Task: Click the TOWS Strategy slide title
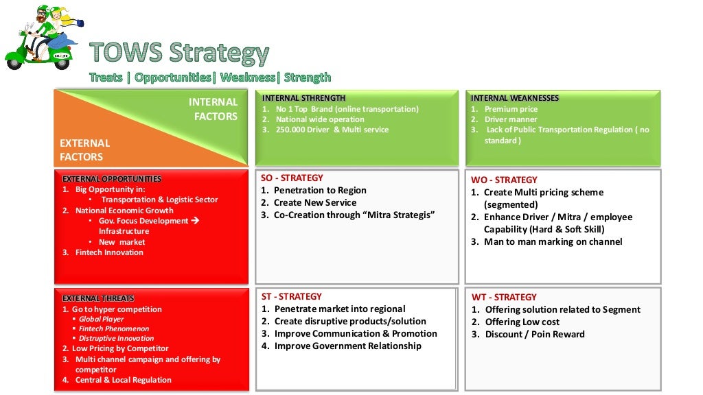click(x=180, y=53)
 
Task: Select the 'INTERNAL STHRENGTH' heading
click(x=303, y=98)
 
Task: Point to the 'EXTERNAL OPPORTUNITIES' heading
click(x=112, y=179)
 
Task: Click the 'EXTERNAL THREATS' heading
click(x=98, y=298)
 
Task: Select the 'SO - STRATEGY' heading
click(x=292, y=178)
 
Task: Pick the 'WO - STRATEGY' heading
click(x=504, y=180)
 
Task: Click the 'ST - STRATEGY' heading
click(x=291, y=297)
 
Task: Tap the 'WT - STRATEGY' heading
click(x=504, y=298)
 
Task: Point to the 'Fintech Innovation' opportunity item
click(x=109, y=252)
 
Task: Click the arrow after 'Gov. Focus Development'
click(x=194, y=221)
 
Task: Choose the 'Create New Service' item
click(x=314, y=203)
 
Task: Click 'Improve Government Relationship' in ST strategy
click(x=347, y=346)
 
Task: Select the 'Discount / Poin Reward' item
click(x=534, y=335)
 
